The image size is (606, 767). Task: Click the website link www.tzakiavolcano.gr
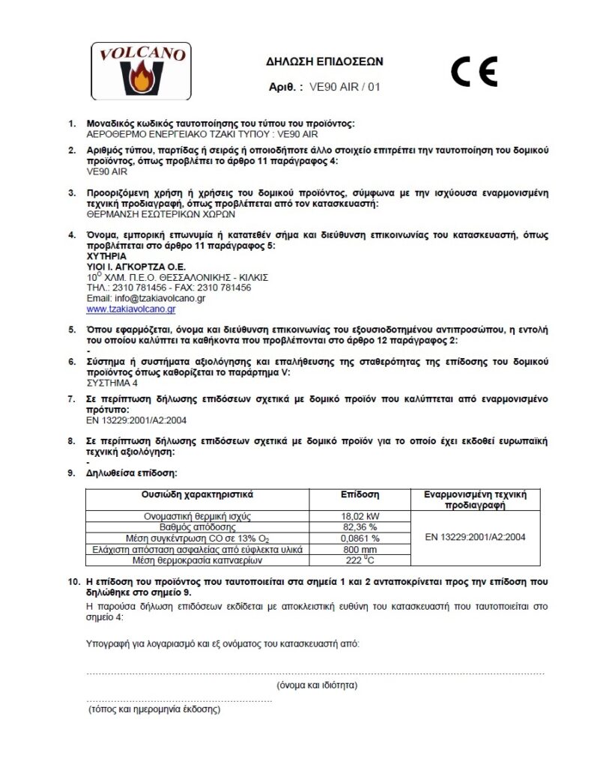[x=131, y=309]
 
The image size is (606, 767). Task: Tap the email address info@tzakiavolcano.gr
[x=146, y=298]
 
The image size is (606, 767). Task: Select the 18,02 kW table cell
[x=360, y=517]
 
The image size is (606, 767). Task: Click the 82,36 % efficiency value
[x=360, y=527]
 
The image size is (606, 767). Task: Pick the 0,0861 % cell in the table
[x=360, y=538]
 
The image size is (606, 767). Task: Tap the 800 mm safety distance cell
[x=360, y=549]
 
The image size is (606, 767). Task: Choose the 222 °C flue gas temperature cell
[x=360, y=560]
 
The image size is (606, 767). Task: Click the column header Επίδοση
[x=360, y=495]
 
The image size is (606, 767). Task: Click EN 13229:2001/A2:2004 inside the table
[x=475, y=537]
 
